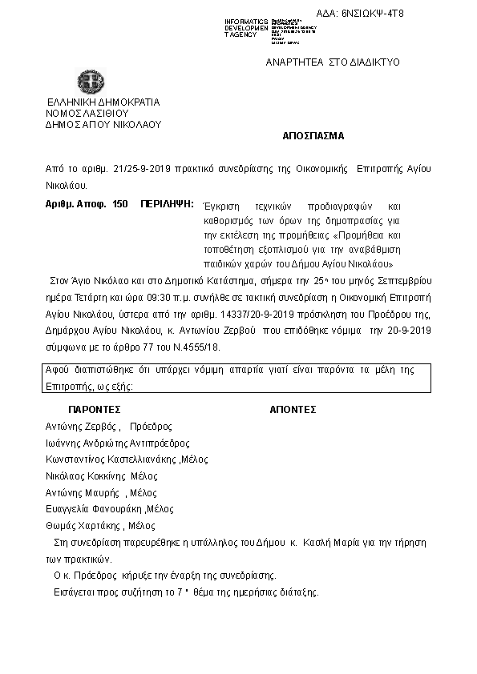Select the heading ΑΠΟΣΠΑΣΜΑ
[313, 136]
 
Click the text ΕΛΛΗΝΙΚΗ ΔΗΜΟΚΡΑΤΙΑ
[104, 102]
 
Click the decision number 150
[120, 205]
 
